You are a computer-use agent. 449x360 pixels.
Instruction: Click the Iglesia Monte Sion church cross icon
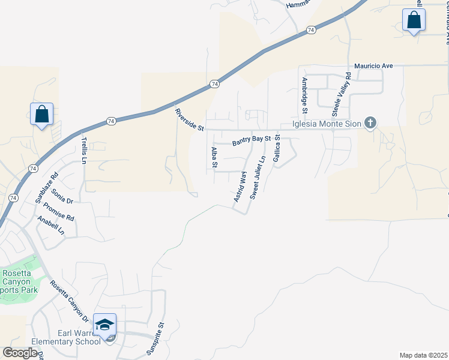[371, 124]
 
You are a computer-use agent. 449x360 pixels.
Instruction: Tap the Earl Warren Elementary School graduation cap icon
[105, 324]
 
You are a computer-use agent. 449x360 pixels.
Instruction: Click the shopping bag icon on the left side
[42, 113]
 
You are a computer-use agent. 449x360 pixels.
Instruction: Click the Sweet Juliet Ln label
[258, 178]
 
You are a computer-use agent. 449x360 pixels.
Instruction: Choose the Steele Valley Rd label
[342, 95]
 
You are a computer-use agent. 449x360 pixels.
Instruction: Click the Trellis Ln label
[84, 150]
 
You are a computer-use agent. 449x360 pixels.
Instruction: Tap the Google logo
[20, 353]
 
